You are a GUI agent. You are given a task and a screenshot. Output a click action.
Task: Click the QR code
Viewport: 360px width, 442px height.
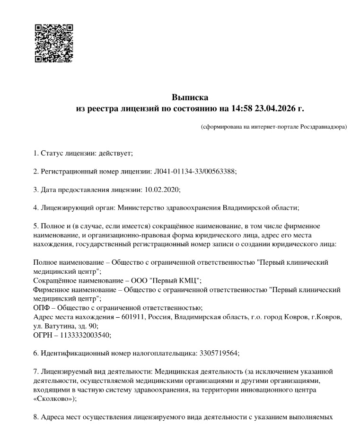[54, 43]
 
